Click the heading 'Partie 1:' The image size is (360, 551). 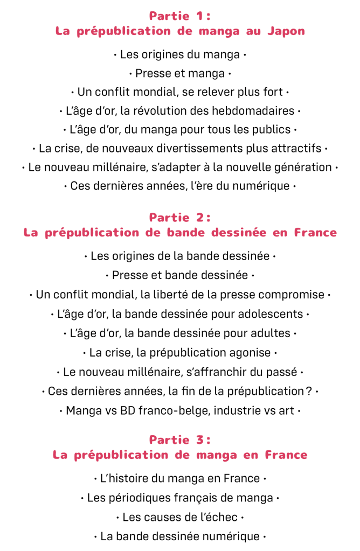tap(180, 16)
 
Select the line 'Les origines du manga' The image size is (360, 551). tap(180, 54)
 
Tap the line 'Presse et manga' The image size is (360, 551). tap(180, 73)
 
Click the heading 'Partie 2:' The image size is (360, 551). tap(180, 218)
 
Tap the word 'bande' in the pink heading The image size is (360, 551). tap(184, 233)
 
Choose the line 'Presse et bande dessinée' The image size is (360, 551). tap(180, 275)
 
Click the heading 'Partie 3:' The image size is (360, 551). tap(180, 440)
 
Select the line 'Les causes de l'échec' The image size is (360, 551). tap(180, 518)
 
